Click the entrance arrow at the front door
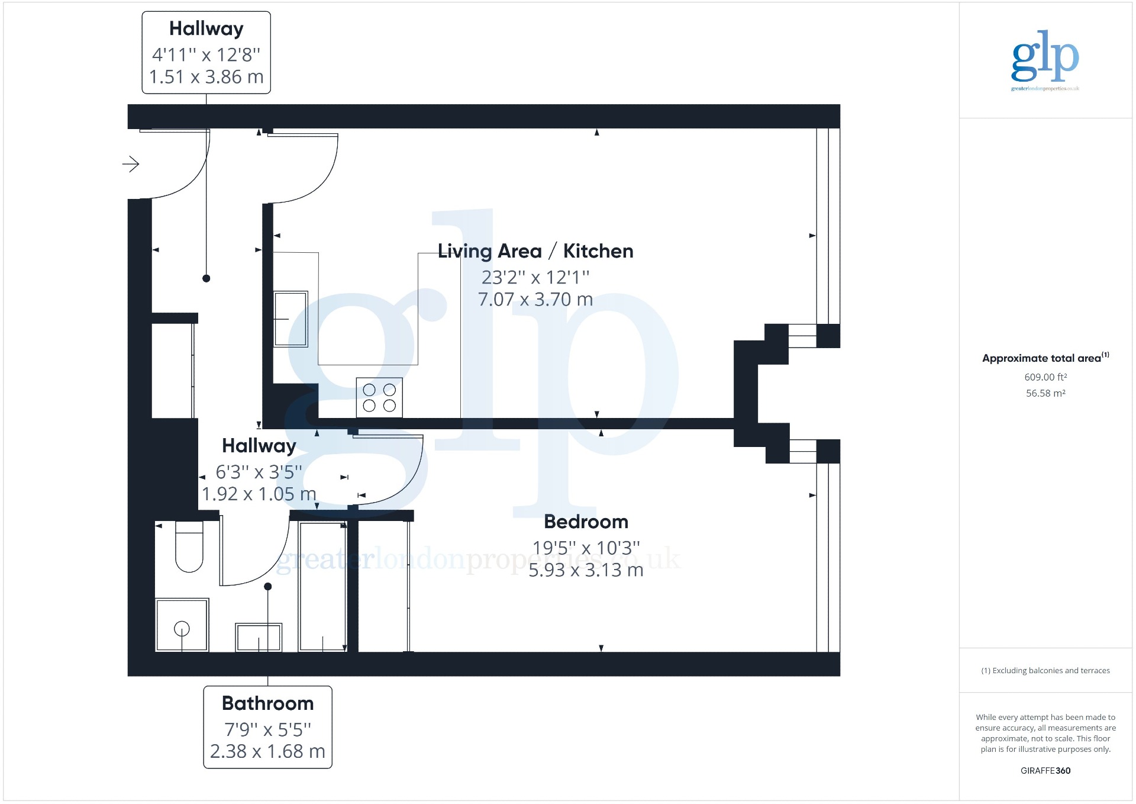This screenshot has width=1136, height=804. point(131,164)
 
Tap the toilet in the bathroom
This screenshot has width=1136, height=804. point(189,546)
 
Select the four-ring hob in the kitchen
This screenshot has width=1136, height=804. point(379,397)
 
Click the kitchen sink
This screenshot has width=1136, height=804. point(291,319)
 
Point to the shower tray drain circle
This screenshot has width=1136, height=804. point(182,628)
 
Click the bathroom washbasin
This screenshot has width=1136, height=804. point(259,637)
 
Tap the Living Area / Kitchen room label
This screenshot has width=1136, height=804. point(535,251)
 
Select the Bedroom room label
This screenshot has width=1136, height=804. point(586,522)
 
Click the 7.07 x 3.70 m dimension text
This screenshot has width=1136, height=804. point(535,300)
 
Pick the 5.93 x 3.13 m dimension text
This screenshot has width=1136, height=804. point(586,570)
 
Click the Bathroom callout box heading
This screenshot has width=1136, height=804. point(267,703)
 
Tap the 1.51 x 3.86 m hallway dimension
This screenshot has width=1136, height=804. point(206,77)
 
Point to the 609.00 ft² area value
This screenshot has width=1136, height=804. point(1045,377)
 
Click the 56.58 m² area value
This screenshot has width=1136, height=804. point(1045,393)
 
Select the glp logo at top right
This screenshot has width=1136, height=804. point(1045,60)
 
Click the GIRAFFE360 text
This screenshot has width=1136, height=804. point(1045,771)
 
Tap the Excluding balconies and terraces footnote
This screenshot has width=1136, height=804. point(1045,671)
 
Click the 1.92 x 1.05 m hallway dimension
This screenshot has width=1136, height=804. point(259,494)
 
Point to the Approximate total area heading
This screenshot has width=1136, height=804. point(1045,358)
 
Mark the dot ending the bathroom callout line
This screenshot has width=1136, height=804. point(268,587)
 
